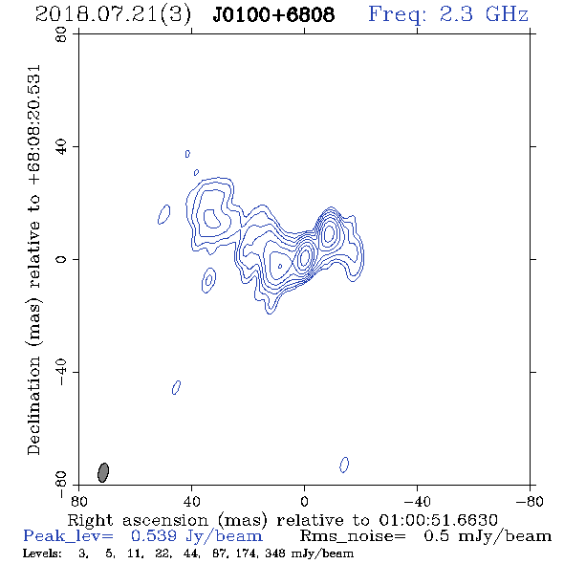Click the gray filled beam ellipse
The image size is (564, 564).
[x=103, y=472]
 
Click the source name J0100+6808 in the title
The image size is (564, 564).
[x=273, y=14]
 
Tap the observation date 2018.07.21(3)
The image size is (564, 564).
[x=113, y=15]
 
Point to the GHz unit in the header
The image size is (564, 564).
[x=507, y=14]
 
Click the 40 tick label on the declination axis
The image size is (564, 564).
[x=61, y=147]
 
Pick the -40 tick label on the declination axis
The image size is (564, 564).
[x=61, y=372]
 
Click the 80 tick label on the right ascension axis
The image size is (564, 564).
[x=78, y=501]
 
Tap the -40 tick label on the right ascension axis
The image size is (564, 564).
[x=417, y=501]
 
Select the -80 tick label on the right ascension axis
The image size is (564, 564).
[x=530, y=501]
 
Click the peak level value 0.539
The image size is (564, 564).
[x=154, y=536]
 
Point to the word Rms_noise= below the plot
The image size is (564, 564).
[x=353, y=536]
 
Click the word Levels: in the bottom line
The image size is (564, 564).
[x=42, y=553]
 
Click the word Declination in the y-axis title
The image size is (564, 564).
[x=33, y=406]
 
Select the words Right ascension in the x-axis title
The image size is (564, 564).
[x=138, y=520]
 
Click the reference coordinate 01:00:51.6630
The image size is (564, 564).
[x=438, y=520]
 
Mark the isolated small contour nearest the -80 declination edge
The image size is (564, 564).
[x=344, y=465]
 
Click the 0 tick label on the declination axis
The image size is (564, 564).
[x=61, y=259]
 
